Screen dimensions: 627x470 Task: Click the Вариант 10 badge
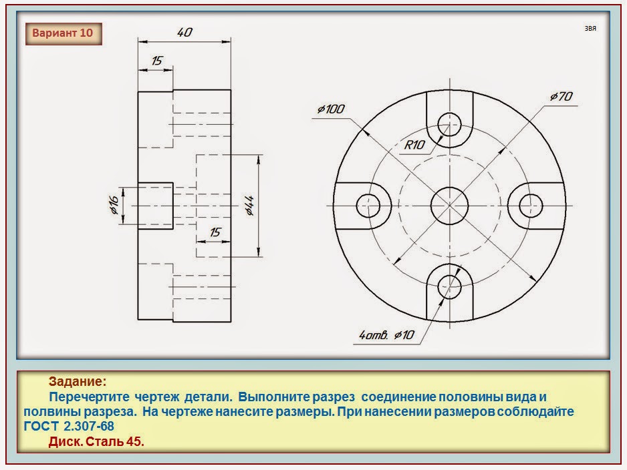(64, 33)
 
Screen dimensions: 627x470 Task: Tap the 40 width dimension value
(186, 32)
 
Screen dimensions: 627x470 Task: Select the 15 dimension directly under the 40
(156, 60)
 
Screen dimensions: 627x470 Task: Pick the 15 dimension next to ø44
(215, 232)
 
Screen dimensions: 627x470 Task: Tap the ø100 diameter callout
(332, 109)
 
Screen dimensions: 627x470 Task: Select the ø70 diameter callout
(561, 97)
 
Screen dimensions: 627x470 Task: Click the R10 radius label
(416, 144)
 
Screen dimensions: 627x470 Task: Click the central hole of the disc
(449, 204)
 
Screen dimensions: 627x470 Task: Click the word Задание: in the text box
(77, 382)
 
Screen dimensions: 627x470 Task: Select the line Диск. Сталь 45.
(97, 441)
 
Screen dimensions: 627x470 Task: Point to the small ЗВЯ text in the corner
(590, 29)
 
